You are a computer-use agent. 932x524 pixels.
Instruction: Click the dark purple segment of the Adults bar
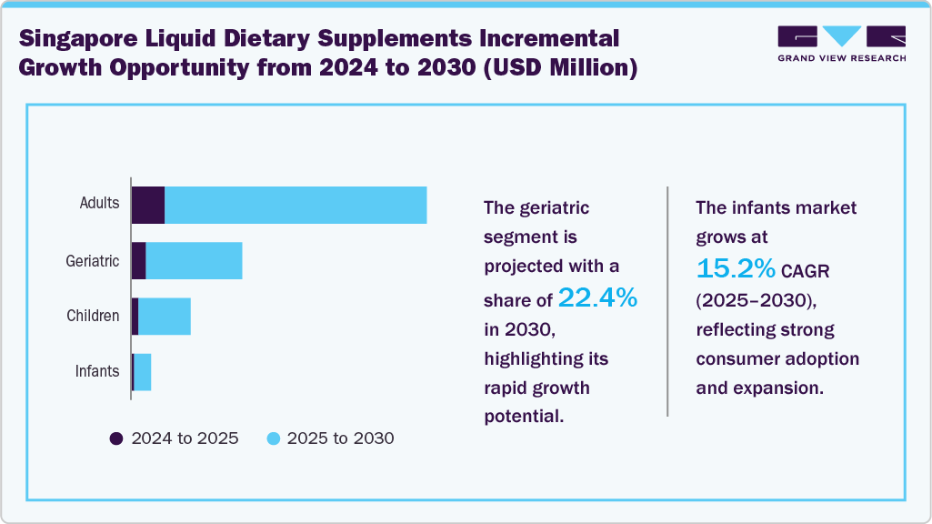pyautogui.click(x=148, y=205)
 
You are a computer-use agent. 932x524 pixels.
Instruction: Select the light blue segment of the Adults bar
pyautogui.click(x=296, y=205)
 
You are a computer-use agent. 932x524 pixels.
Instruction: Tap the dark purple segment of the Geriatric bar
pyautogui.click(x=139, y=261)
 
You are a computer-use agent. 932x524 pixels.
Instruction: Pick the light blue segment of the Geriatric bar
pyautogui.click(x=194, y=261)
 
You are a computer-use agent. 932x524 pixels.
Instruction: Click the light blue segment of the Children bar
pyautogui.click(x=165, y=317)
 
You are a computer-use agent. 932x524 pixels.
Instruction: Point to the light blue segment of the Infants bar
pyautogui.click(x=143, y=372)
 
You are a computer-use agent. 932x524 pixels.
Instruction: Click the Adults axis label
pyautogui.click(x=99, y=203)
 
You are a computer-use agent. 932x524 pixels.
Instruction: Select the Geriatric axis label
pyautogui.click(x=93, y=261)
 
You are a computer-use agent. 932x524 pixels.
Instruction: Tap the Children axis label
pyautogui.click(x=93, y=317)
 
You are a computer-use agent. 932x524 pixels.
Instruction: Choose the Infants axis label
pyautogui.click(x=97, y=371)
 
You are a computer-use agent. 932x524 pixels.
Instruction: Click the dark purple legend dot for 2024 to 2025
pyautogui.click(x=115, y=438)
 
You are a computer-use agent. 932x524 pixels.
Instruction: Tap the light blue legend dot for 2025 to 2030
pyautogui.click(x=273, y=438)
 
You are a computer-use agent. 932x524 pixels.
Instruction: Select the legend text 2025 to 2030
pyautogui.click(x=340, y=438)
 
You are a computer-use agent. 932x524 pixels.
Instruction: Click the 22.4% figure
pyautogui.click(x=597, y=297)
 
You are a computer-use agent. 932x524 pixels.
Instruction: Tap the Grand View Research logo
pyautogui.click(x=841, y=44)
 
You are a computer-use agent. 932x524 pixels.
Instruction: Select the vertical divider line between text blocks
pyautogui.click(x=667, y=301)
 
